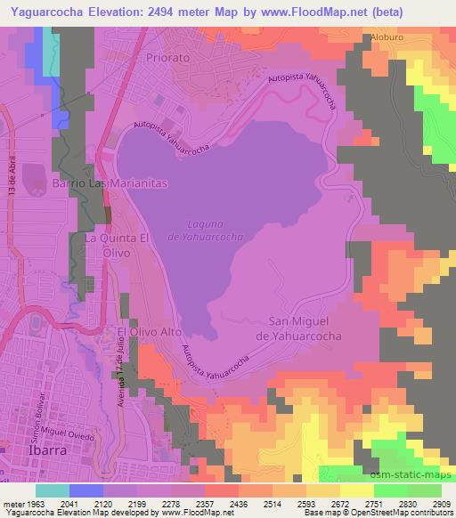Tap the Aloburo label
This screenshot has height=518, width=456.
388,38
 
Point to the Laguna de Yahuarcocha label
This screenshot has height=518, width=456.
204,231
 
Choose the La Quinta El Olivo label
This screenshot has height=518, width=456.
115,246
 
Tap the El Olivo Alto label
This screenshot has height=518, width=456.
143,331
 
